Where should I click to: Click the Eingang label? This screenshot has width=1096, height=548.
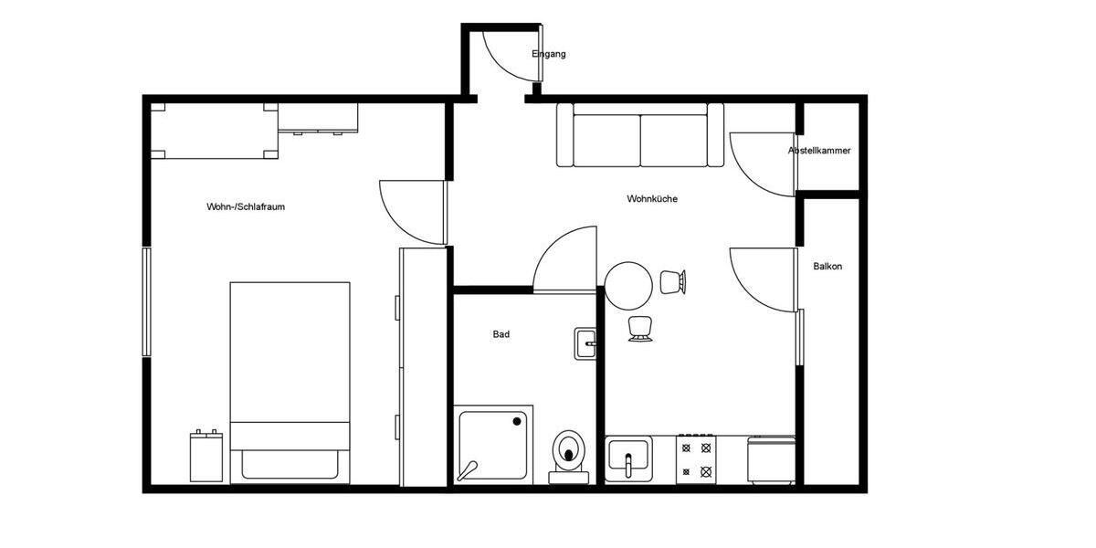point(549,54)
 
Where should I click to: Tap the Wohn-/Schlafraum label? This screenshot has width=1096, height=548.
point(246,207)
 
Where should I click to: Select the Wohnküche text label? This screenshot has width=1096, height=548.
point(652,199)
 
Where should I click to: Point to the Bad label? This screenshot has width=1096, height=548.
point(501,335)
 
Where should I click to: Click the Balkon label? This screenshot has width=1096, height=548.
point(827,267)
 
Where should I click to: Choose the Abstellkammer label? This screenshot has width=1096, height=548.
point(819,151)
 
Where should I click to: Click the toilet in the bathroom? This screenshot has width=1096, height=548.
point(570,452)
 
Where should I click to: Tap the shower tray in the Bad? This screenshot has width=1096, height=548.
point(494,446)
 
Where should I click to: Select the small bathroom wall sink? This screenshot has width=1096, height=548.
point(585,344)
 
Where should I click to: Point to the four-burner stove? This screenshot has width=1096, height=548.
point(694,459)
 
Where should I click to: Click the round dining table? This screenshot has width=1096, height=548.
point(628,286)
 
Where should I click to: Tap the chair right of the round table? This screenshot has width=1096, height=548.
point(673,282)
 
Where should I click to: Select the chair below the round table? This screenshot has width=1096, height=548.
point(639,329)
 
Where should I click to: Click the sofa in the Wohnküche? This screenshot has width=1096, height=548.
point(640,135)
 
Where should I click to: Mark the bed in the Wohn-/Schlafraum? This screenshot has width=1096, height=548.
point(290,379)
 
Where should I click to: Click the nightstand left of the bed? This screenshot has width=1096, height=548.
point(206,456)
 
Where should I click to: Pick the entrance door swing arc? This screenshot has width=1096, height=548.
point(502,59)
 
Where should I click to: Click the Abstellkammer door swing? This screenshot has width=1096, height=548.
point(760,164)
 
